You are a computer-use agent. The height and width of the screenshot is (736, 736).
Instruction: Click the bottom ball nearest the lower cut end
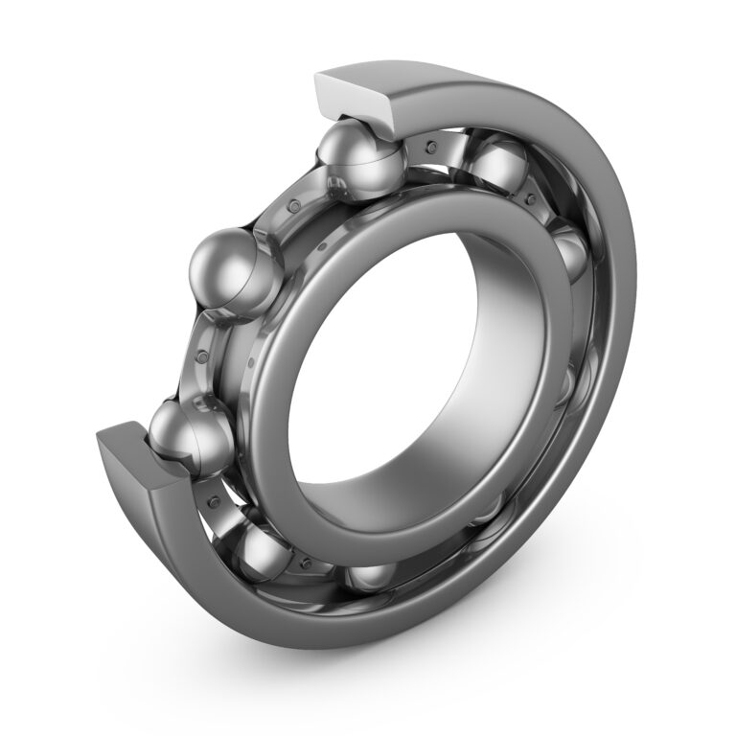tap(264, 556)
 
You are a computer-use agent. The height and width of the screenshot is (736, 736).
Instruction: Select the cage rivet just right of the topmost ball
tap(431, 146)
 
